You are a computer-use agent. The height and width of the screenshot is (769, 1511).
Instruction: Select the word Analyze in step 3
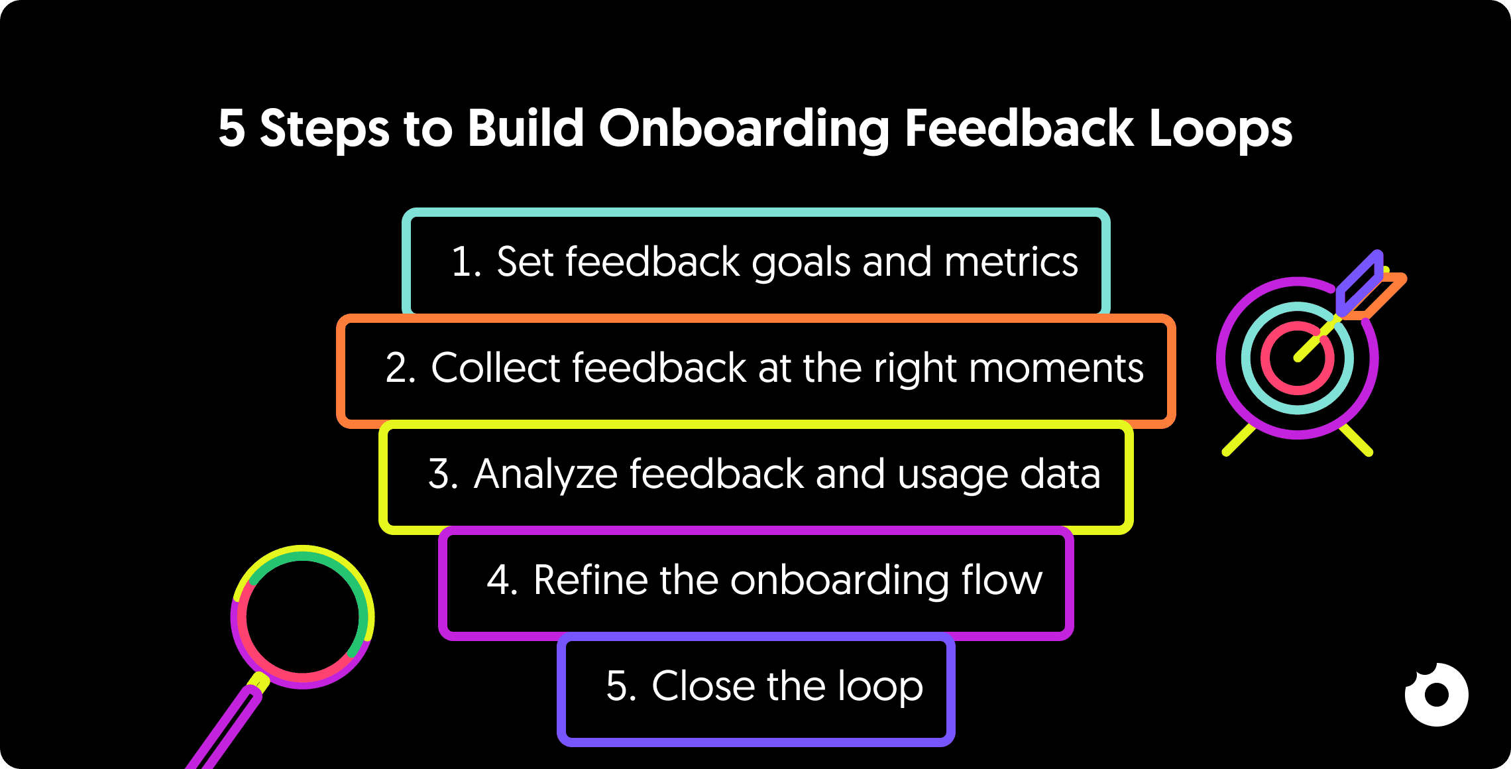coord(545,474)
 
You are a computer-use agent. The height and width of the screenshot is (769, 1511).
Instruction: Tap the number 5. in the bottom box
coord(621,686)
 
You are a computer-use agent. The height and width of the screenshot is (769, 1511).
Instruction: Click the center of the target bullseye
coord(1297,359)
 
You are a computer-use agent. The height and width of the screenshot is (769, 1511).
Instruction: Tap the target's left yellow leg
coord(1238,440)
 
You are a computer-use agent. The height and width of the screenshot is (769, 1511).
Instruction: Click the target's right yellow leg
coord(1356,440)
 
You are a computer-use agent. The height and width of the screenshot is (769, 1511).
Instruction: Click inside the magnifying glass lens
coord(302,617)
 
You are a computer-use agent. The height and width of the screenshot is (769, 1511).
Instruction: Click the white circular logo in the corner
coord(1436,695)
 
